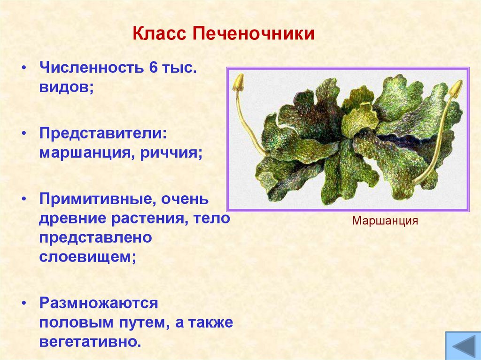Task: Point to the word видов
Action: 63,88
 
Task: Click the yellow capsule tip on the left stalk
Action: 238,82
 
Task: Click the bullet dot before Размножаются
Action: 23,303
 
